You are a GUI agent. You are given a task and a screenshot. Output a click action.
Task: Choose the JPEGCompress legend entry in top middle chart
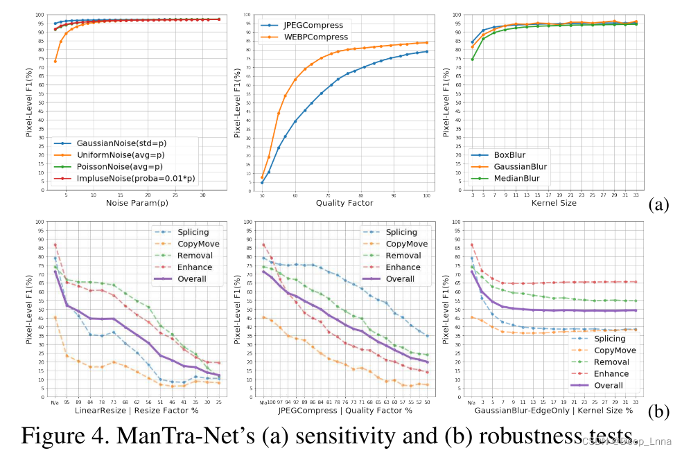tap(311, 24)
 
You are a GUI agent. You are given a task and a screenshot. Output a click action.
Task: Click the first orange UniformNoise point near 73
tap(55, 61)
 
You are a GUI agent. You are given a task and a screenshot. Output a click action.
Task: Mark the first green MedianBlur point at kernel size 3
tap(472, 59)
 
